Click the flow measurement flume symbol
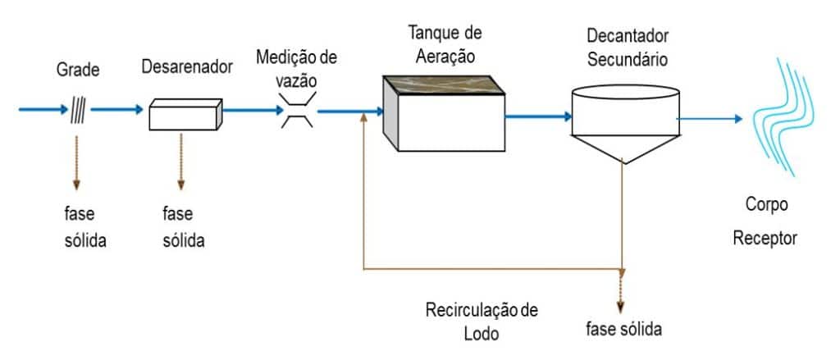click(x=296, y=111)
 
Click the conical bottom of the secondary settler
click(x=624, y=147)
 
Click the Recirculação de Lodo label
click(x=482, y=321)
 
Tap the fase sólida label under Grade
click(x=80, y=228)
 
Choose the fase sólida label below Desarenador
click(x=180, y=228)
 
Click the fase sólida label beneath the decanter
click(x=623, y=330)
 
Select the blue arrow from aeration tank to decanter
click(x=537, y=116)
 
